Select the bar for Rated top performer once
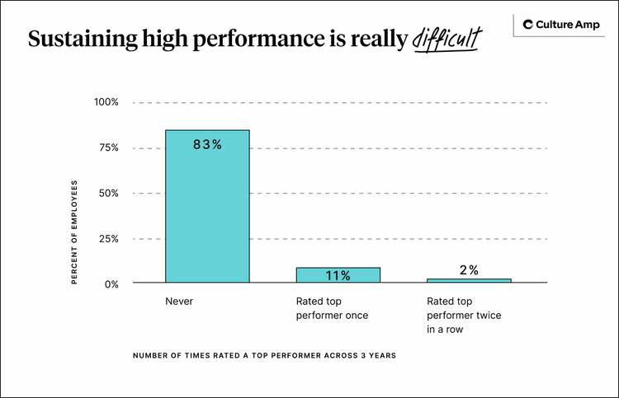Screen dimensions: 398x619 coord(338,275)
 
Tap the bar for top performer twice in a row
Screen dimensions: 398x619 coord(469,281)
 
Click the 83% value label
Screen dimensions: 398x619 coord(207,144)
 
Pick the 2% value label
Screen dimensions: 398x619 coord(469,269)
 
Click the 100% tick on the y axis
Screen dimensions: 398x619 coord(106,102)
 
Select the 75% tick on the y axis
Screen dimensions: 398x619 coord(109,147)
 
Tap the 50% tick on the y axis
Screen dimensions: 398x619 coord(109,193)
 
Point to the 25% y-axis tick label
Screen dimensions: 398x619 coord(109,238)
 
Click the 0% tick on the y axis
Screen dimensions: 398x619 coord(111,283)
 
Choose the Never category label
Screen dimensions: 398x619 coord(179,302)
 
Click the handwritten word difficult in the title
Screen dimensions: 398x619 coord(446,40)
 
